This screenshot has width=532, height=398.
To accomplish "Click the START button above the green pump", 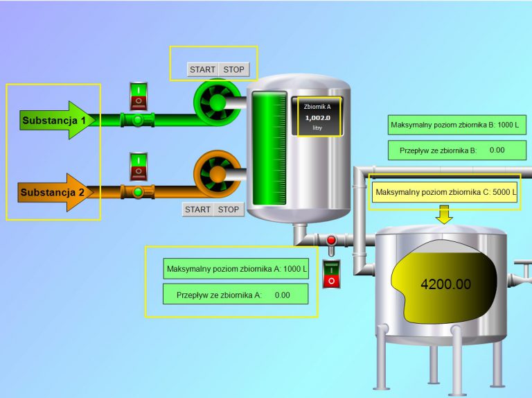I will [202, 69].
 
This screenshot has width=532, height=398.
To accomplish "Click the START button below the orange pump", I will [197, 209].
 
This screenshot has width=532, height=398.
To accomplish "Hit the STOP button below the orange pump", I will [229, 209].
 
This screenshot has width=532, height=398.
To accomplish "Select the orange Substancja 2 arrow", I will [55, 192].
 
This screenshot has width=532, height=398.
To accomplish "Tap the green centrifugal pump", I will [217, 103].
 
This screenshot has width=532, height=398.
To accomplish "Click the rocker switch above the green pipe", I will [139, 96].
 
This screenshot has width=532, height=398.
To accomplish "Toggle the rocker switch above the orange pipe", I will [139, 167].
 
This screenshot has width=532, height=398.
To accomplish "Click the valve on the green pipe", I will [137, 121].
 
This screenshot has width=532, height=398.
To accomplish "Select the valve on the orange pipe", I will [137, 191].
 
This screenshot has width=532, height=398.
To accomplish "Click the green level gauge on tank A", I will [268, 149].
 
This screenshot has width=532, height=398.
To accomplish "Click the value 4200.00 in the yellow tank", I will [445, 284].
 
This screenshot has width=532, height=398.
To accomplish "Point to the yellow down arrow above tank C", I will [445, 215].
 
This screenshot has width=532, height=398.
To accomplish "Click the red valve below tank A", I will [331, 241].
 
